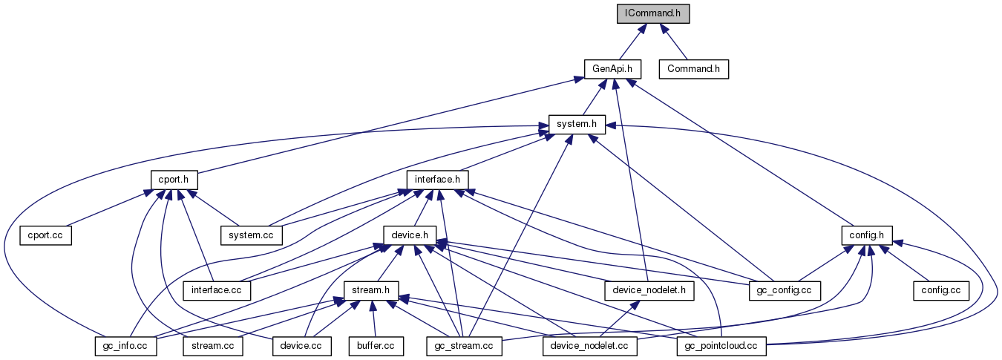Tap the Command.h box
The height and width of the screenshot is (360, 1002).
click(695, 69)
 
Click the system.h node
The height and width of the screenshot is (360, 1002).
click(577, 124)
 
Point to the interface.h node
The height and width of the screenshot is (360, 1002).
click(437, 180)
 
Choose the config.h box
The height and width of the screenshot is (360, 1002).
click(866, 235)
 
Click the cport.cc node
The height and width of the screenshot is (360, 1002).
click(45, 235)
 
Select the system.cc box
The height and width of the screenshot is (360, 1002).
click(252, 235)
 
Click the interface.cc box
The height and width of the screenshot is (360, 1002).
click(217, 289)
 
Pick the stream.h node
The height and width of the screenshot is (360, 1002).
click(371, 289)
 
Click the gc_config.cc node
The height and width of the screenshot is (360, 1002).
click(785, 289)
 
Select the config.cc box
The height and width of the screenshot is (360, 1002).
click(941, 289)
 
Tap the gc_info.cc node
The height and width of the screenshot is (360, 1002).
click(125, 345)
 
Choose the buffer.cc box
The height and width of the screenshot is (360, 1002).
click(376, 345)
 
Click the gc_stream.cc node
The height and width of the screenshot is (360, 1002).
click(465, 345)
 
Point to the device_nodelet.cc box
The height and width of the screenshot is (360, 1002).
click(590, 345)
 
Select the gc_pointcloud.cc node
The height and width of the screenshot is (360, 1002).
click(721, 345)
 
